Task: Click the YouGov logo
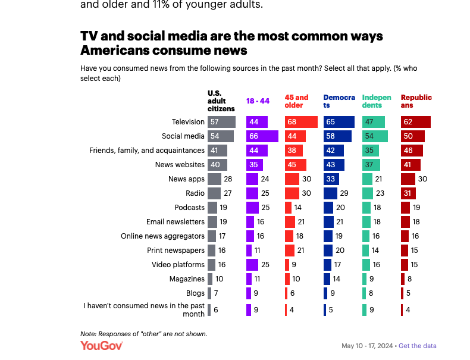(101, 346)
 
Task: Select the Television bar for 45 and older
(301, 122)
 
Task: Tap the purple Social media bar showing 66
(262, 136)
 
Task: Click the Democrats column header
(339, 101)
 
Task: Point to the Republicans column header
(416, 101)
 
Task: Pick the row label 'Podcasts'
(190, 208)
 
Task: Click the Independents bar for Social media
(375, 136)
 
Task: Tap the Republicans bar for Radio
(408, 193)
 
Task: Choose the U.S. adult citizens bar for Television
(221, 122)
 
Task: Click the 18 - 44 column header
(258, 101)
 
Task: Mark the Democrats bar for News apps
(331, 179)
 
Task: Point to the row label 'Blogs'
(195, 293)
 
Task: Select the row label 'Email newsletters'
(176, 222)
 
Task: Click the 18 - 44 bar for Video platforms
(252, 265)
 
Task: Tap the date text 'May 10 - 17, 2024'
(368, 346)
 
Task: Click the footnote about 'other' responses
(143, 334)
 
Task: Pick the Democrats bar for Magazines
(327, 279)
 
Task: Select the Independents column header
(377, 101)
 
